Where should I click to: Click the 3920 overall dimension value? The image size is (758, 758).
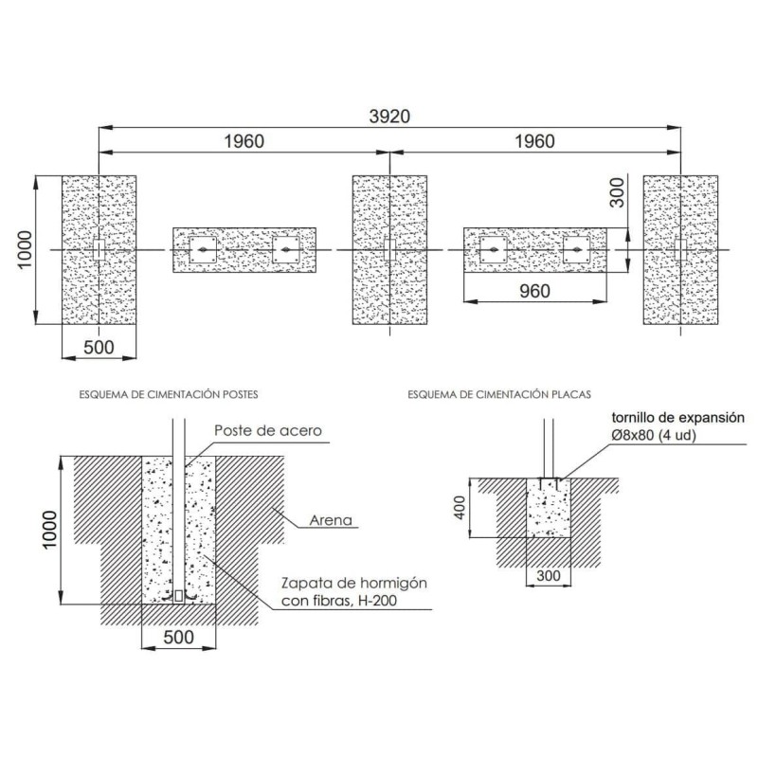point(389,117)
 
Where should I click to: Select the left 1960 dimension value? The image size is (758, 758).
point(244,141)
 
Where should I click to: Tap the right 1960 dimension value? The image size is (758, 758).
point(534,141)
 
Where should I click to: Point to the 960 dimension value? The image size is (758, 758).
point(534,291)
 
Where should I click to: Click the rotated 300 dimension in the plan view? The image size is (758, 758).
point(617,192)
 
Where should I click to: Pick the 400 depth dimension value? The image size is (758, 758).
point(460,508)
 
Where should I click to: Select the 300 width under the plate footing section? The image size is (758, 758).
point(549,576)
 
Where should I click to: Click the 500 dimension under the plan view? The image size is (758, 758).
point(99,347)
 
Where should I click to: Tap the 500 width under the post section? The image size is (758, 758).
point(178,637)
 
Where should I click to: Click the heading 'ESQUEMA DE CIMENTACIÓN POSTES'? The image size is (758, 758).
point(169,394)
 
